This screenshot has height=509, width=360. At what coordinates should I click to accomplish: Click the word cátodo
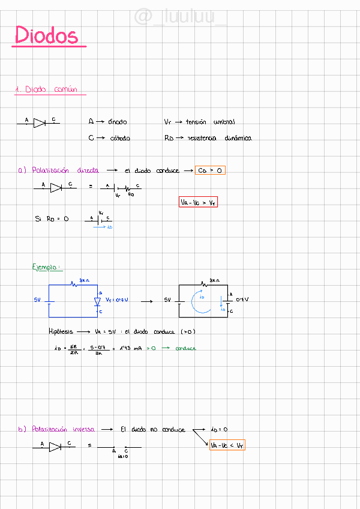(x=119, y=138)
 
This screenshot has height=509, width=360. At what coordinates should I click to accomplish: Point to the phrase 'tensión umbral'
(x=210, y=122)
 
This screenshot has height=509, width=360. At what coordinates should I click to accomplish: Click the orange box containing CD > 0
(x=211, y=170)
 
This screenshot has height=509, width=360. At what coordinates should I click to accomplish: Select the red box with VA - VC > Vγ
(x=198, y=203)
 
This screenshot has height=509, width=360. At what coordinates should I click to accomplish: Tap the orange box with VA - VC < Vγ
(x=227, y=445)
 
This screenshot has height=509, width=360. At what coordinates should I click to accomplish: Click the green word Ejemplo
(x=47, y=267)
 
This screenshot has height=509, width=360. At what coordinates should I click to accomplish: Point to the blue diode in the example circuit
(x=97, y=301)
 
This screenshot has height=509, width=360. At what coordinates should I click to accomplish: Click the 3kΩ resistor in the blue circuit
(x=75, y=285)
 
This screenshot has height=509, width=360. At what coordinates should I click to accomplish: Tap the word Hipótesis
(x=61, y=331)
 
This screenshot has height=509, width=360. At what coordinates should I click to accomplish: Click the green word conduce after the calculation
(x=185, y=348)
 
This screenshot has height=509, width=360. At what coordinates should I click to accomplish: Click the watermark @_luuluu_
(x=180, y=17)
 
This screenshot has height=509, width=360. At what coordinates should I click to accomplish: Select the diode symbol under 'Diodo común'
(x=40, y=123)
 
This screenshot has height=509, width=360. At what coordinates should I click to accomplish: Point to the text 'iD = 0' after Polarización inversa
(x=219, y=430)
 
